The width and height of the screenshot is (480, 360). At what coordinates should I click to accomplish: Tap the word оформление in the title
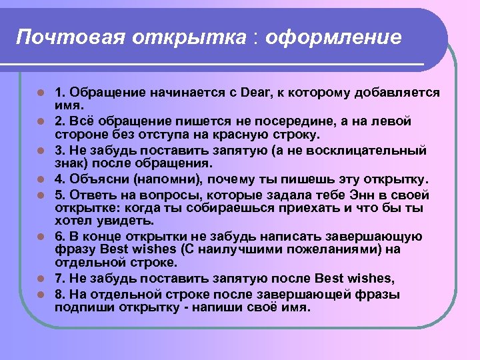333,37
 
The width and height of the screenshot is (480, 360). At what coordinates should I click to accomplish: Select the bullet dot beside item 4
40,181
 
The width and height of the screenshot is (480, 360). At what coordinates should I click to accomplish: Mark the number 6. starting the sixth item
60,236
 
